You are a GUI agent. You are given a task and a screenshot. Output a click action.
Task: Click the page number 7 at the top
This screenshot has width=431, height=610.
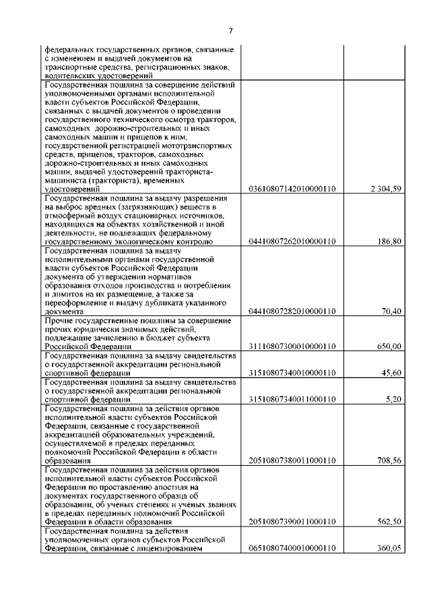coord(230,30)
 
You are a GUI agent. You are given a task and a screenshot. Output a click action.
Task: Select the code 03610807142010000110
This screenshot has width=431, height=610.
coord(292,189)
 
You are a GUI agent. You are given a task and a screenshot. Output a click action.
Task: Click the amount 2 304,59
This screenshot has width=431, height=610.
coord(386,189)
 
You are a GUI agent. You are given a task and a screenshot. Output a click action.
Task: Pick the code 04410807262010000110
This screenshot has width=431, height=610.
coord(292,241)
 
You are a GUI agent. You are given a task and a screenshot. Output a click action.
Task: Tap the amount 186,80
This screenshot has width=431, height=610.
coord(391,241)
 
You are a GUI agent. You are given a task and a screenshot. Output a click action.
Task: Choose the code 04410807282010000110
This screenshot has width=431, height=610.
coord(292,311)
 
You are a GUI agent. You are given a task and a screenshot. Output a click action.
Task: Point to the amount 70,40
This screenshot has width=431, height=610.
coord(393,311)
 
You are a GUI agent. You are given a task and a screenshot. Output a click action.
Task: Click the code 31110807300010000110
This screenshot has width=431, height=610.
coord(292,346)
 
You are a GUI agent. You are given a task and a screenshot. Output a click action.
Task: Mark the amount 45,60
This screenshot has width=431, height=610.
coord(393,373)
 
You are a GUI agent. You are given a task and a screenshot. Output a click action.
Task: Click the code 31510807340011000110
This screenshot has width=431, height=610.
coord(292,399)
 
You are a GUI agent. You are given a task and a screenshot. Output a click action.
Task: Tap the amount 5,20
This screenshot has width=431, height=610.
coord(395,399)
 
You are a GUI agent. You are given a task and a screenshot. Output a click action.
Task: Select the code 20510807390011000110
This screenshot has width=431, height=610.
coord(292,522)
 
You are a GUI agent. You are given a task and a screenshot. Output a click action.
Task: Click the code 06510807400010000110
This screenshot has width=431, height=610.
coord(292,549)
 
